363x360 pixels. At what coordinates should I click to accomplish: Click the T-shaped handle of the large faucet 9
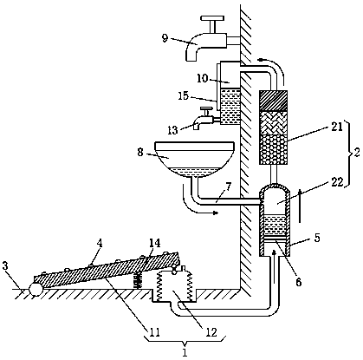pyautogui.click(x=213, y=23)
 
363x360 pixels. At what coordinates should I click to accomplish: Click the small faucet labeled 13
pyautogui.click(x=204, y=118)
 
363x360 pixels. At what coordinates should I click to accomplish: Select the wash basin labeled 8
pyautogui.click(x=194, y=159)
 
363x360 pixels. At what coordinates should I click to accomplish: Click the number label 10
pyautogui.click(x=203, y=78)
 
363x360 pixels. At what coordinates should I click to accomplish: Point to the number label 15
pyautogui.click(x=183, y=95)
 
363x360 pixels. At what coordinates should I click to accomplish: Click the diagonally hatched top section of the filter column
pyautogui.click(x=273, y=101)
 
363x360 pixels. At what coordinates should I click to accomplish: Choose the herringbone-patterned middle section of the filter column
pyautogui.click(x=273, y=123)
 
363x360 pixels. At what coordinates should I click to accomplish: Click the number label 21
pyautogui.click(x=336, y=127)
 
